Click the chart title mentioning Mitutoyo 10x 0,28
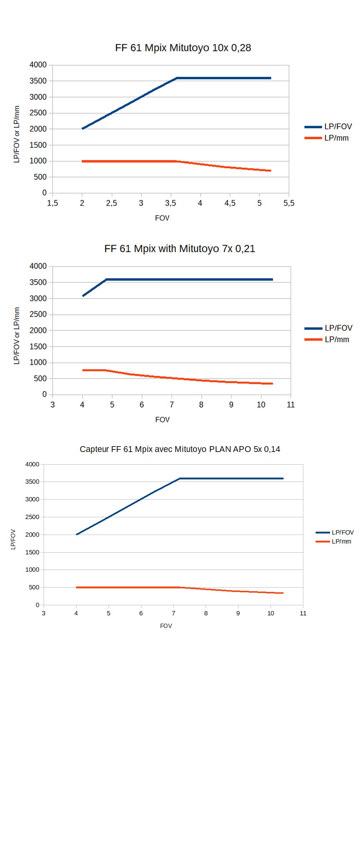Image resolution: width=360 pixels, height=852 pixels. [183, 48]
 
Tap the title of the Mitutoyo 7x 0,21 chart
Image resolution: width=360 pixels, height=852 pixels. [180, 249]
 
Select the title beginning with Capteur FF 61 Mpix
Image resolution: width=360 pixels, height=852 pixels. [180, 449]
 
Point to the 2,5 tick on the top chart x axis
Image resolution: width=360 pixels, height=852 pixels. [111, 203]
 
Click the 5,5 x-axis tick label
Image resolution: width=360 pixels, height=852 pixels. [289, 203]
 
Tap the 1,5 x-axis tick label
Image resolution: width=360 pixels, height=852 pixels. [53, 203]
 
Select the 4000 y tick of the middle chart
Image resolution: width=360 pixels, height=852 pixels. [38, 266]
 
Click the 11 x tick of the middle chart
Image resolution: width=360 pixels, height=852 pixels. [291, 405]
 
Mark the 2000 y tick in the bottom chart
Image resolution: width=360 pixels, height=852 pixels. [32, 535]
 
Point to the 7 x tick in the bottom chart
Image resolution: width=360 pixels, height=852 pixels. [174, 613]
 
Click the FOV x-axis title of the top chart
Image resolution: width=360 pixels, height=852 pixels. [162, 218]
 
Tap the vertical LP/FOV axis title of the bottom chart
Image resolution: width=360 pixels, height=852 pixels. [13, 539]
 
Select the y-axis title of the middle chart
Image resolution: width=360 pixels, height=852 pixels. [17, 335]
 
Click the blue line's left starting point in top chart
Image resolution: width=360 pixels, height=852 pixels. [83, 128]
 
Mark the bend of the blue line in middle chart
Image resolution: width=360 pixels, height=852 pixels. [106, 280]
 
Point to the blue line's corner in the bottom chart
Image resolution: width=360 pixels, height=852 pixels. [180, 479]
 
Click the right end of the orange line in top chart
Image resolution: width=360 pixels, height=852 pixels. [270, 171]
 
